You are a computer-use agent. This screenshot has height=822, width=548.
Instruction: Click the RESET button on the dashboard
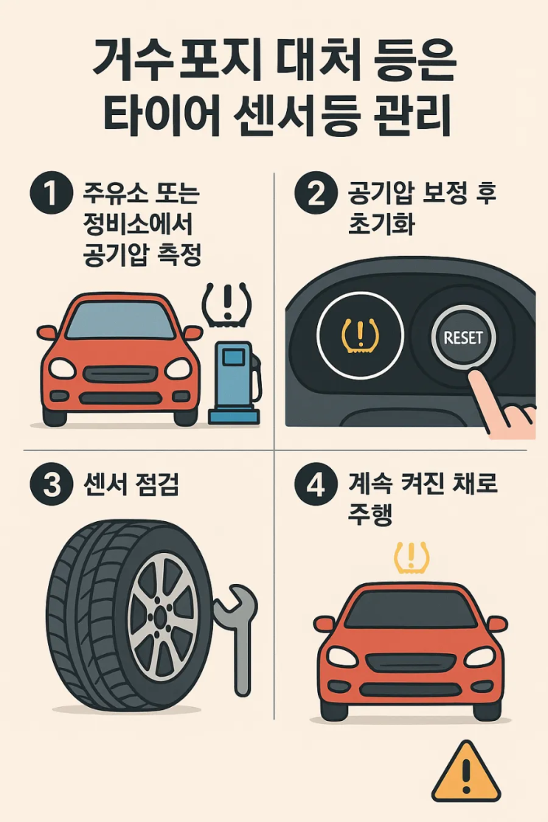click(x=462, y=338)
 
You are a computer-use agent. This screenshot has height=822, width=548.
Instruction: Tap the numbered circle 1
click(x=51, y=193)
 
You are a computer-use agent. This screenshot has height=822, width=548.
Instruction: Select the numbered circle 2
click(x=316, y=193)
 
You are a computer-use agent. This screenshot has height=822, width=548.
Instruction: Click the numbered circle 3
click(x=51, y=484)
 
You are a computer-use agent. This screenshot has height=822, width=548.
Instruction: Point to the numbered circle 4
click(x=316, y=484)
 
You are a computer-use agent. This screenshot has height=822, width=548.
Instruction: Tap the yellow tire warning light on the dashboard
click(x=360, y=335)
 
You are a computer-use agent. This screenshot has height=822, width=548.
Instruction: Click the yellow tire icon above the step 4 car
click(x=411, y=558)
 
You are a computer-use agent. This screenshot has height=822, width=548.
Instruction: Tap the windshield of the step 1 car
click(x=120, y=320)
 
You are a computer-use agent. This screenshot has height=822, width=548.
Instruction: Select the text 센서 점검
click(x=131, y=484)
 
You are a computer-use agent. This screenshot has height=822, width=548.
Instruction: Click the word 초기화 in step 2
click(x=381, y=224)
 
